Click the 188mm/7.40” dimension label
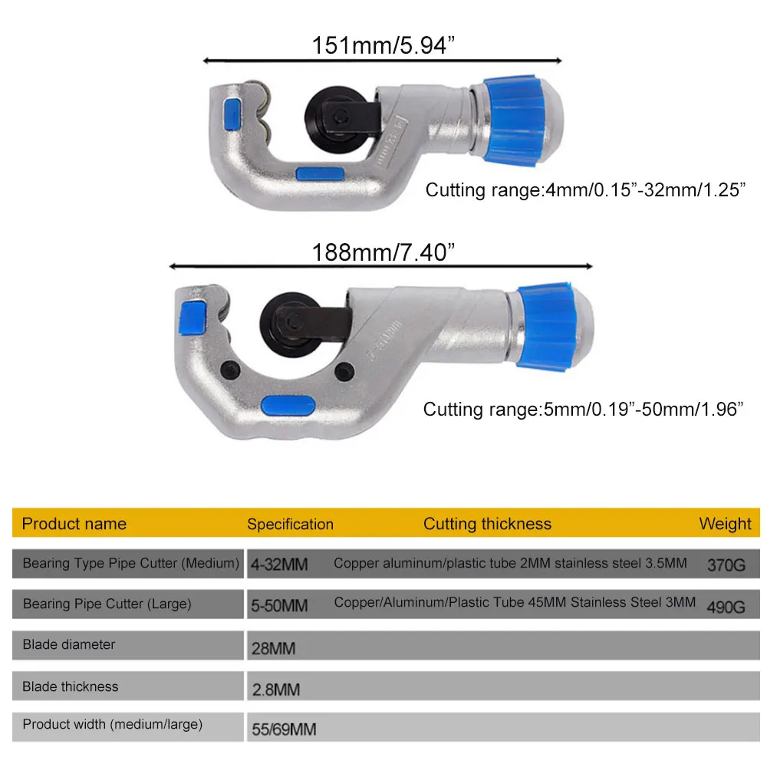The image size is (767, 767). [379, 252]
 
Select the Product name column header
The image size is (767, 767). [74, 525]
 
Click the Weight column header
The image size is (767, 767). [725, 525]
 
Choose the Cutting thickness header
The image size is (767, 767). [487, 525]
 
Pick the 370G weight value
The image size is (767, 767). [726, 566]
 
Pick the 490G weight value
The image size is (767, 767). [726, 607]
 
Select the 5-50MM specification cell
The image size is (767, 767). [279, 606]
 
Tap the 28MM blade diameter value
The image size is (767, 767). [273, 648]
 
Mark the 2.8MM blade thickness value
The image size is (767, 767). [276, 690]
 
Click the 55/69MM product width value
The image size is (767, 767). [284, 729]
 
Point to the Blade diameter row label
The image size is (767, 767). [69, 645]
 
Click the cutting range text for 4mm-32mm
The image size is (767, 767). [586, 190]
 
